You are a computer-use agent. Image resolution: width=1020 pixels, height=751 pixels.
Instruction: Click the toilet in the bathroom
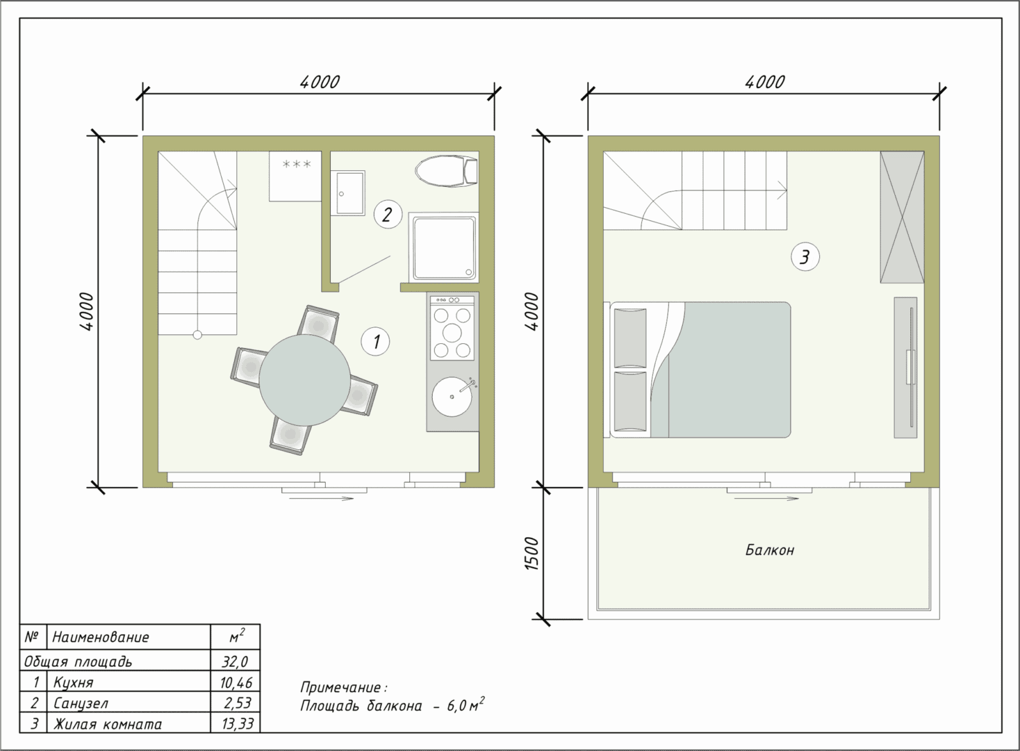coord(446,172)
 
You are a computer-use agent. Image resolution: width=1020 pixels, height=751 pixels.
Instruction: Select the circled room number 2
coord(388,214)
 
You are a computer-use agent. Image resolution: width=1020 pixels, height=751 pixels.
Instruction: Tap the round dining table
coord(305,380)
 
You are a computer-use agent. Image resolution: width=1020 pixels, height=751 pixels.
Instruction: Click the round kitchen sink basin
coord(452,396)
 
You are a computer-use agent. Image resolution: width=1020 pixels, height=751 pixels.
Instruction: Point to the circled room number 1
coord(375,341)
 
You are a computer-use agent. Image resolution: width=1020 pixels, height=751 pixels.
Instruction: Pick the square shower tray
coord(444,248)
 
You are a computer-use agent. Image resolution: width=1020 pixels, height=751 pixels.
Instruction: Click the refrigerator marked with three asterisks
coord(296,176)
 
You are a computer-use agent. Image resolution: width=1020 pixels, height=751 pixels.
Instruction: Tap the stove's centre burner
coord(452,332)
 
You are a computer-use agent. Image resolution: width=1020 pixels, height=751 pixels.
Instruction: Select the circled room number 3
coord(805,257)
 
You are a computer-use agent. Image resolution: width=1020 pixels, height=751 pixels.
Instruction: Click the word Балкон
coord(769,550)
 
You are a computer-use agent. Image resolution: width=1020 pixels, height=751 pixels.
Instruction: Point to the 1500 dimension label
coord(532,553)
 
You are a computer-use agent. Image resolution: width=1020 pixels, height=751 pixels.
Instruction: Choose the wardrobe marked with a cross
coord(902,217)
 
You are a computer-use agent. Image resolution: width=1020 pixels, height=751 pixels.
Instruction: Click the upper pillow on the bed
coord(630,338)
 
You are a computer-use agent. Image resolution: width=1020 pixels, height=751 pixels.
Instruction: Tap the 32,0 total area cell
coord(235,661)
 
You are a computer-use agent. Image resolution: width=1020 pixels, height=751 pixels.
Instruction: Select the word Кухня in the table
coord(73,683)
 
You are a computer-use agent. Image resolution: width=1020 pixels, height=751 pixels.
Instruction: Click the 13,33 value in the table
coord(237,724)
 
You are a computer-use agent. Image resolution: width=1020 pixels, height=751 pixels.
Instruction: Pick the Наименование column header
coord(101,637)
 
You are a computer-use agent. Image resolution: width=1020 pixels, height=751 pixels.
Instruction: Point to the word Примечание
coord(341,687)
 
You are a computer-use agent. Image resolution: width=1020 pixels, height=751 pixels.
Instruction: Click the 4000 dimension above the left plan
coord(319,82)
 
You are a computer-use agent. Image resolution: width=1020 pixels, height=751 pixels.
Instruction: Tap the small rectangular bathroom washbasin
coord(348,193)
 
